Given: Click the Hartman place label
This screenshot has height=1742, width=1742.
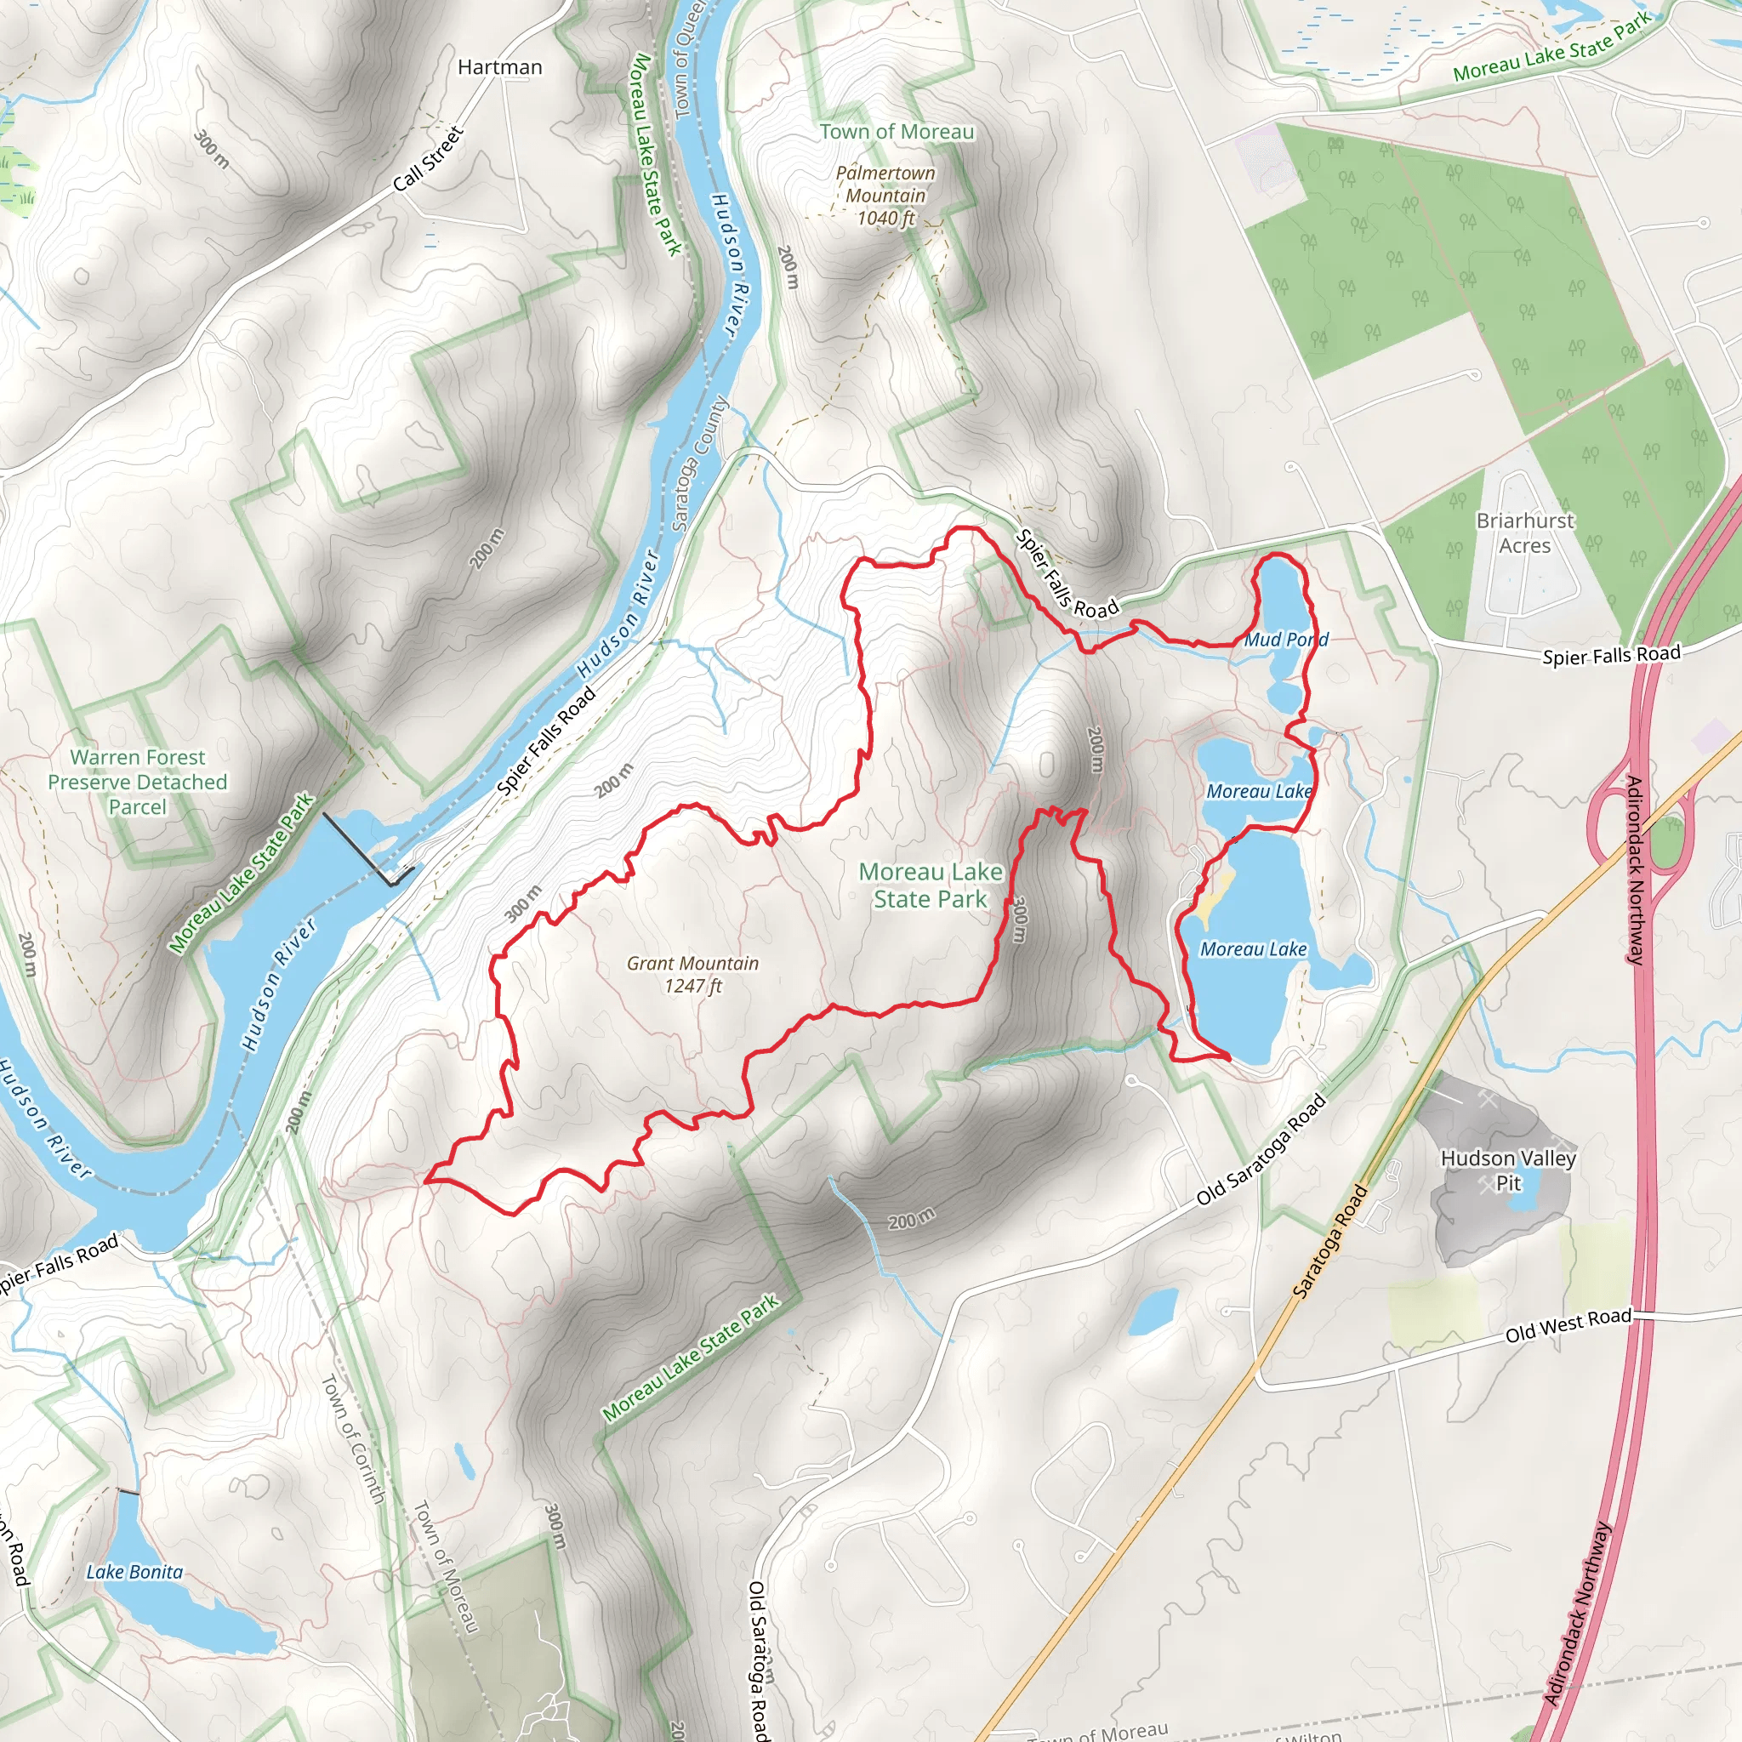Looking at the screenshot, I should pyautogui.click(x=499, y=68).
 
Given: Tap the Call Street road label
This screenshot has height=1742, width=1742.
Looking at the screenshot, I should pyautogui.click(x=429, y=159).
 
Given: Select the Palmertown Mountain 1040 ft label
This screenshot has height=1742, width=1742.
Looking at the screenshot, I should pyautogui.click(x=885, y=196).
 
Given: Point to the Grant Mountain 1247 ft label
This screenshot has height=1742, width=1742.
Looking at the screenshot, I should pyautogui.click(x=692, y=974).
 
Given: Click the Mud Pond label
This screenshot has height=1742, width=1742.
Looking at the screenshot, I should pyautogui.click(x=1286, y=640).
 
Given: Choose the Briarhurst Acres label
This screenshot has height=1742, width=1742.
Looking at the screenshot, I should pyautogui.click(x=1525, y=532).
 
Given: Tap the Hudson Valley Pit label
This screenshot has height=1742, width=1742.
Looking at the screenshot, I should pyautogui.click(x=1507, y=1170).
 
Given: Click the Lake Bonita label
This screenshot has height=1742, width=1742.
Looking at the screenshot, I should pyautogui.click(x=134, y=1572).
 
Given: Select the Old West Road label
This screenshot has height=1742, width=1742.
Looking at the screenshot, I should pyautogui.click(x=1568, y=1324).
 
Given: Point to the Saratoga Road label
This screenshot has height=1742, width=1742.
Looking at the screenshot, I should pyautogui.click(x=1330, y=1242).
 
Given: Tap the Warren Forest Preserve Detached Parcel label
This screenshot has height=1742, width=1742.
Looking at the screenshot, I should pyautogui.click(x=138, y=782).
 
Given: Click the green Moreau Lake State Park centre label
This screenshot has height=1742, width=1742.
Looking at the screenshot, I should pyautogui.click(x=930, y=885).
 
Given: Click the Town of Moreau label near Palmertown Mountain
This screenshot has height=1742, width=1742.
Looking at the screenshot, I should pyautogui.click(x=897, y=132).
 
